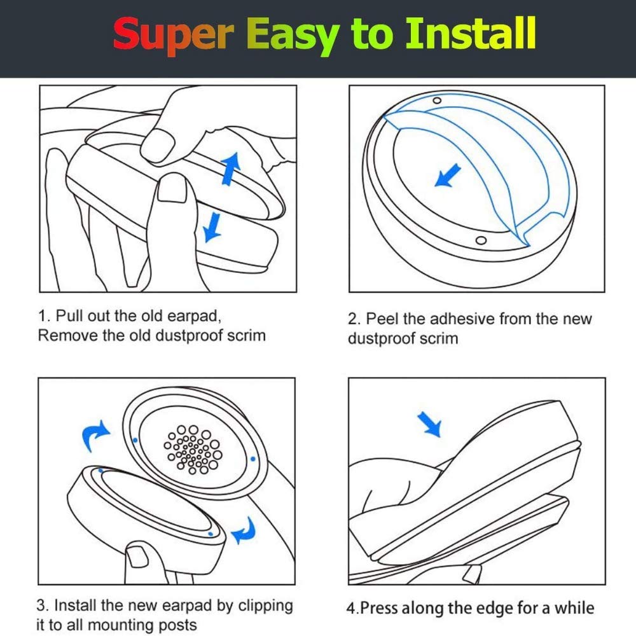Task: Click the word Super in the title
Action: click(x=174, y=35)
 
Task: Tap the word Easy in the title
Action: click(x=293, y=36)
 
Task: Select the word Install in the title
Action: click(x=471, y=32)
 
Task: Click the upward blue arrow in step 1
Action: click(x=231, y=169)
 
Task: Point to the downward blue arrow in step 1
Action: click(x=212, y=228)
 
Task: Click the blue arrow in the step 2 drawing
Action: click(x=448, y=176)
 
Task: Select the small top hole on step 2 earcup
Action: click(x=438, y=100)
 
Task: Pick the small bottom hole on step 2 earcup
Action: click(x=481, y=240)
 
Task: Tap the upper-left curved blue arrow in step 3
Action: click(x=95, y=436)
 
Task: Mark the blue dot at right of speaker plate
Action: click(x=252, y=459)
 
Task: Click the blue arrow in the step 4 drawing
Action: click(x=429, y=424)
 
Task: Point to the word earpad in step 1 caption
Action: click(x=194, y=316)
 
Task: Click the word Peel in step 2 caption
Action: click(x=382, y=319)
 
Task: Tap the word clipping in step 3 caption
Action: click(x=265, y=606)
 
